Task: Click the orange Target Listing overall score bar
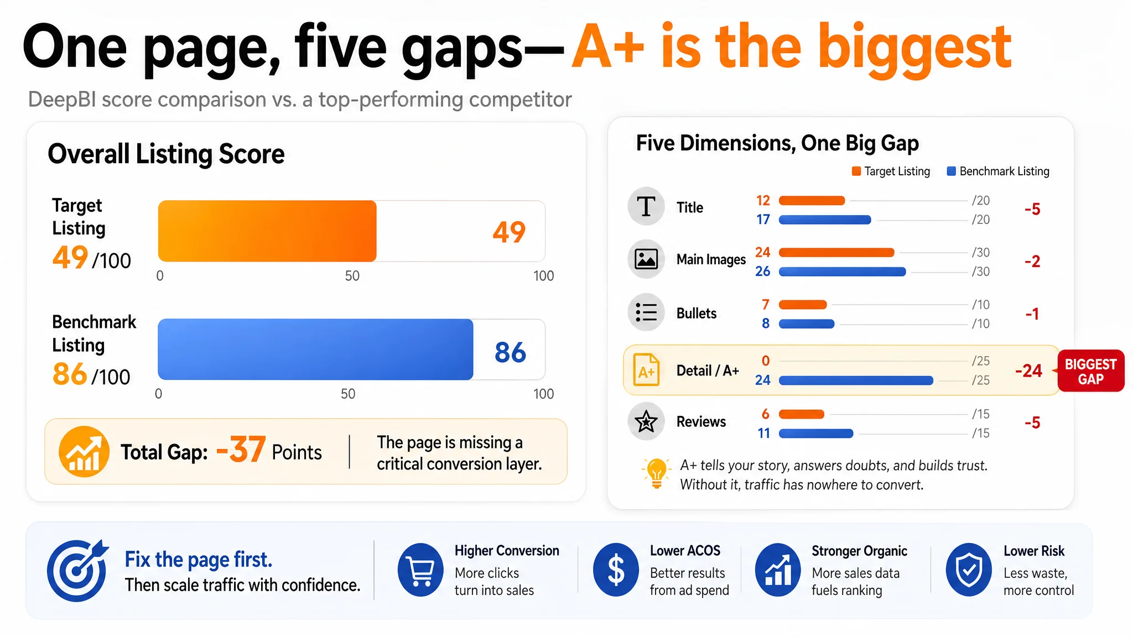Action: (x=267, y=231)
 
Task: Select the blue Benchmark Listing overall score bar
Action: (x=315, y=349)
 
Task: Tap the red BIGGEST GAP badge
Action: (x=1090, y=371)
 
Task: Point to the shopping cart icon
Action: (x=420, y=570)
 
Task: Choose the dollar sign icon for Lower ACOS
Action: (x=616, y=570)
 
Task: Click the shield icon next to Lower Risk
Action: (x=969, y=570)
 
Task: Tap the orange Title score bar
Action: (x=812, y=201)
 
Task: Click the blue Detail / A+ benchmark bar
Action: (x=856, y=380)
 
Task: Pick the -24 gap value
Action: (x=1028, y=370)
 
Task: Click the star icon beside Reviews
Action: (x=646, y=422)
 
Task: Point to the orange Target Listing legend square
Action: (x=856, y=171)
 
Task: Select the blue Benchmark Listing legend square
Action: (x=952, y=171)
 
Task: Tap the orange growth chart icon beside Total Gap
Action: (x=84, y=452)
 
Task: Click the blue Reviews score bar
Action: (x=816, y=434)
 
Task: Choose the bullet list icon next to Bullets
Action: (x=646, y=312)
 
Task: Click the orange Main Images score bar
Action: (x=836, y=253)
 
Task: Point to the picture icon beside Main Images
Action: (x=646, y=259)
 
